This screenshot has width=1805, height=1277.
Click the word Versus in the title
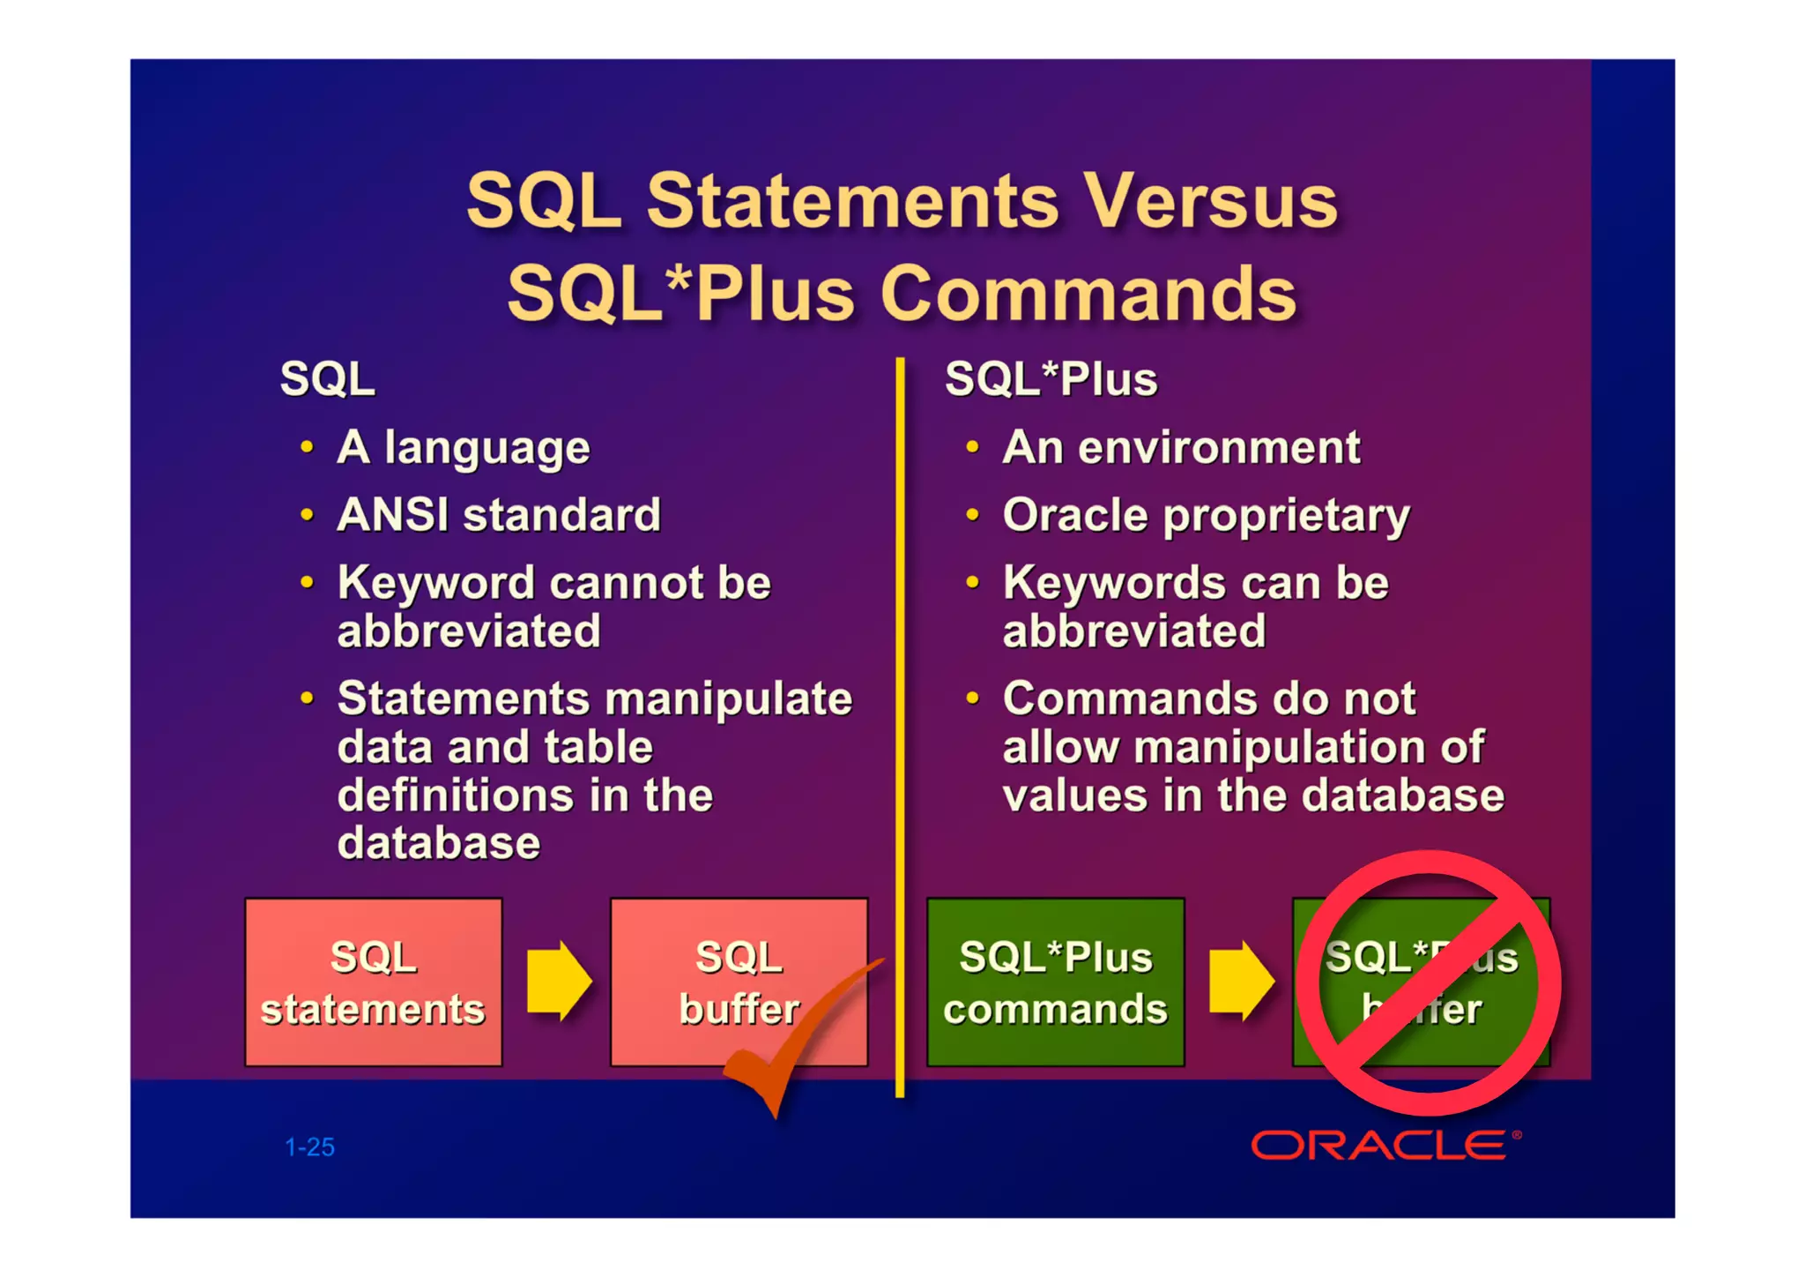1210,201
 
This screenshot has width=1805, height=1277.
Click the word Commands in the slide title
1088,295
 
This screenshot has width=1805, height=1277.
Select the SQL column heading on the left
327,379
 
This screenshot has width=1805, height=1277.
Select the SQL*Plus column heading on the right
1051,379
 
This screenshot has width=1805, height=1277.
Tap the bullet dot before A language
307,447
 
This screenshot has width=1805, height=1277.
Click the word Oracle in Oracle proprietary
1075,515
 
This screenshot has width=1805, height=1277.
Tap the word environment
1219,448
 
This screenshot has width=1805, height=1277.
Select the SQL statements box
374,982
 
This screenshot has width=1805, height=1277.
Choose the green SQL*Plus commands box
1055,982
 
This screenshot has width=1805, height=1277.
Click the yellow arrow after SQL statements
558,981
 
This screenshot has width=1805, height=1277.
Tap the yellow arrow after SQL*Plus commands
1241,981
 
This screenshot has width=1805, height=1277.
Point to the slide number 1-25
309,1147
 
